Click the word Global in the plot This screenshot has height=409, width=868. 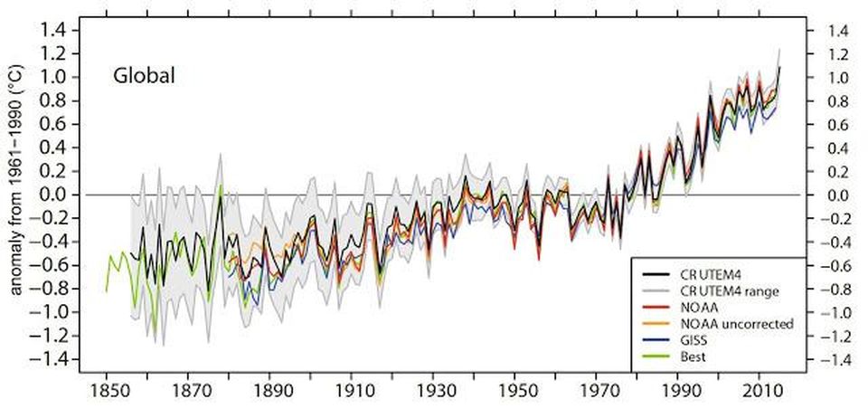coord(143,76)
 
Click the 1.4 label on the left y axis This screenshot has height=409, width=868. coord(53,30)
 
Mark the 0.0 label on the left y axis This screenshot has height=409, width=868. coord(53,195)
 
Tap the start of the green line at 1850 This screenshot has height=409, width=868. coord(107,290)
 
